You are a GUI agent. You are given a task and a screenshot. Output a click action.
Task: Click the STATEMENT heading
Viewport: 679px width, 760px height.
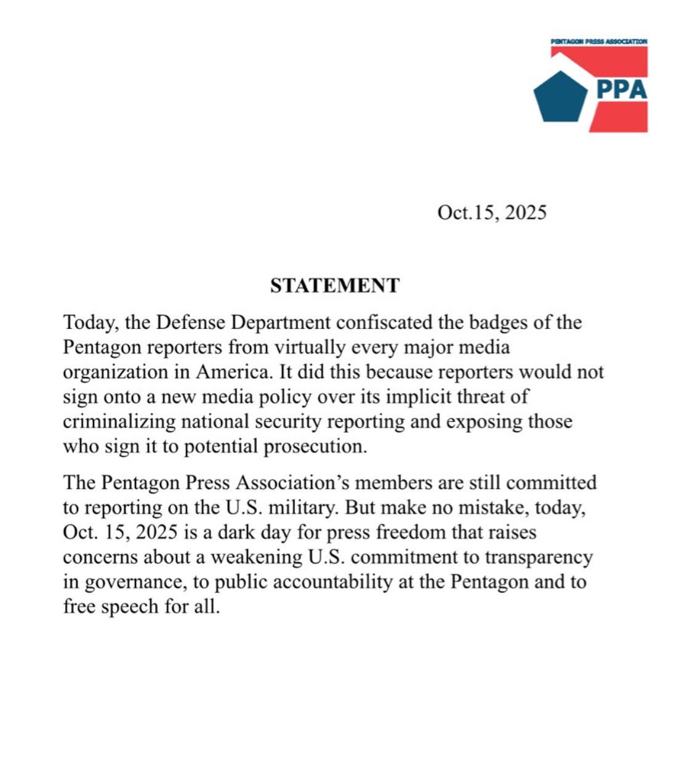point(335,286)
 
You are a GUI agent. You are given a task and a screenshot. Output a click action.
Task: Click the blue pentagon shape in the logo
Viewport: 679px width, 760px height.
point(560,97)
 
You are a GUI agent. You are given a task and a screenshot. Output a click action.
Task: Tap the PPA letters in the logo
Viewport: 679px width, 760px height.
point(622,89)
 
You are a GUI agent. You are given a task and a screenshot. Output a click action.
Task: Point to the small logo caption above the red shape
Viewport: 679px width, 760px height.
point(598,41)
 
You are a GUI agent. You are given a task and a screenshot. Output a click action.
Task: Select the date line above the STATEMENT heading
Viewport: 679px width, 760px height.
point(492,212)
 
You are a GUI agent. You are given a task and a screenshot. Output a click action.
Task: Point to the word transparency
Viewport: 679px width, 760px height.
point(539,557)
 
